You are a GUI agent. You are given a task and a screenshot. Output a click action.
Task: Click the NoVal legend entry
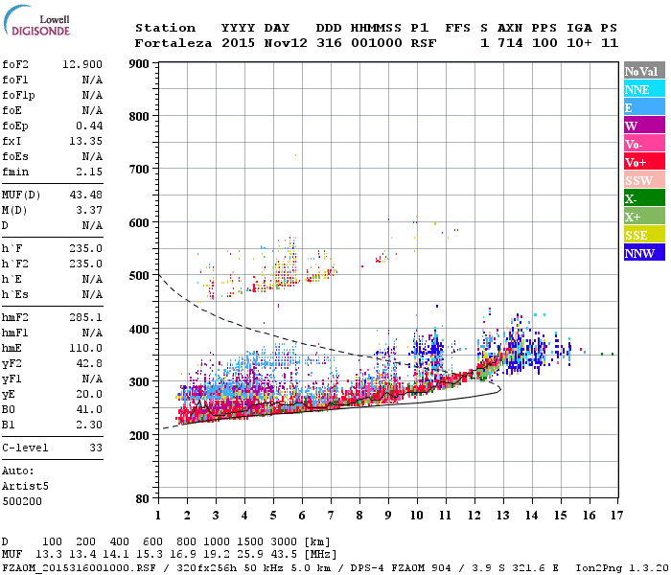pyautogui.click(x=642, y=71)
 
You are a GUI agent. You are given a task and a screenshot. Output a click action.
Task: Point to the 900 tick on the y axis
pyautogui.click(x=138, y=64)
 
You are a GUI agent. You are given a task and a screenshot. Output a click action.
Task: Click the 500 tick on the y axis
pyautogui.click(x=138, y=276)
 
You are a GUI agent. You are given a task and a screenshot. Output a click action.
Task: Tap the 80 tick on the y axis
pyautogui.click(x=142, y=499)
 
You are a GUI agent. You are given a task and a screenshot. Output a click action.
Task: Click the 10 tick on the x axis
pyautogui.click(x=416, y=515)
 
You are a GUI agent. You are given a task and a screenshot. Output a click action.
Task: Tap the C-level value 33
pyautogui.click(x=95, y=448)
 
